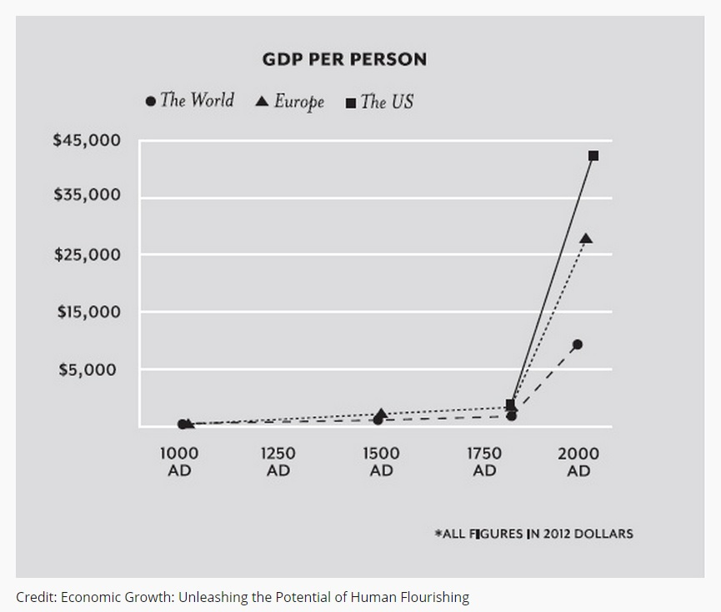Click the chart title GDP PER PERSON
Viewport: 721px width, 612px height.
point(344,59)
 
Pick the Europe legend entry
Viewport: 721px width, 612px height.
point(289,102)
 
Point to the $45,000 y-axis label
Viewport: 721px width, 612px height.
point(87,140)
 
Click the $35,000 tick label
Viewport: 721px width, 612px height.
point(87,195)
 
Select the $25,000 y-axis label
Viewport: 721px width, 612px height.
point(87,254)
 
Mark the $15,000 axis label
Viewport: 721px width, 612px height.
point(88,311)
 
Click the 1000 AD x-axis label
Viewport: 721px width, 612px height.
point(179,462)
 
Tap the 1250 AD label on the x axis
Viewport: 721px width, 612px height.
point(278,462)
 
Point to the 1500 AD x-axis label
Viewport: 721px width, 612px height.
point(381,462)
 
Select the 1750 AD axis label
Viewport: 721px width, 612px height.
point(483,462)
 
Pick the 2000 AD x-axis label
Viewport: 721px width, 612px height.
point(578,462)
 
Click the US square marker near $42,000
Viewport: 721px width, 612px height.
point(593,156)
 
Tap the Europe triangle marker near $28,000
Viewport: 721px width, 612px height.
point(586,239)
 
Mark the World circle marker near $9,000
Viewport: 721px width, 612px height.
point(577,344)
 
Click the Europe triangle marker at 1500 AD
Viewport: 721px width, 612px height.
point(382,413)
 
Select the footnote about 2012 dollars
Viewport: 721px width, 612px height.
point(533,534)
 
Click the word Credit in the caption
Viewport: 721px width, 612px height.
point(34,597)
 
